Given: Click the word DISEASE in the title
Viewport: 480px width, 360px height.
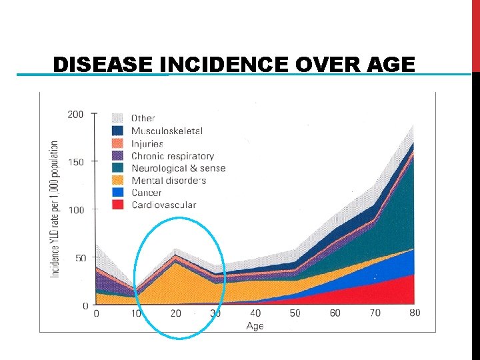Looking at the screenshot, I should click(x=105, y=65).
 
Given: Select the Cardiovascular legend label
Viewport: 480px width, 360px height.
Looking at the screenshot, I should click(x=163, y=205).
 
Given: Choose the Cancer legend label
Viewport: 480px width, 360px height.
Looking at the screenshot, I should click(x=147, y=193).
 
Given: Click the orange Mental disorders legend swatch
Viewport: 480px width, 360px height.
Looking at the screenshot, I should click(x=119, y=181).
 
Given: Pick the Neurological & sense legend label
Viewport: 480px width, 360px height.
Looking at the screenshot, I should click(x=178, y=169).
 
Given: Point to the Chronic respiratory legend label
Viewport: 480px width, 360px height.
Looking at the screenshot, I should click(x=172, y=156).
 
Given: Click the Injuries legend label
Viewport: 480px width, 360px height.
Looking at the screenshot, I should click(x=147, y=144).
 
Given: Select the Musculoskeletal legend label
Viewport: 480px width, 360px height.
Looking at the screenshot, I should click(x=167, y=131).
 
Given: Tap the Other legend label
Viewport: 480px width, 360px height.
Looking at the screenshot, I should click(x=143, y=119).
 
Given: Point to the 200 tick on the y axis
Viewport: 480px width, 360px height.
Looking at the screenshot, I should click(x=75, y=115).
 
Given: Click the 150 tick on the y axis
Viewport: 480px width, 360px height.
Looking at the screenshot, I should click(x=75, y=162).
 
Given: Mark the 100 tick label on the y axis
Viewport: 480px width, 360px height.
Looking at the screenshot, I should click(x=75, y=210).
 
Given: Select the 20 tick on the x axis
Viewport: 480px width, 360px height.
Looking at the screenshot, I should click(x=176, y=313).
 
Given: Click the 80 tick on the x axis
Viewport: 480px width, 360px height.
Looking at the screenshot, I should click(x=414, y=313).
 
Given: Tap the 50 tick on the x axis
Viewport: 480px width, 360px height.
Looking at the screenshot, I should click(x=295, y=313).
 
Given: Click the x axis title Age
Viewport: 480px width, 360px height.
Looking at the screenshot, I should click(x=255, y=326).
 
